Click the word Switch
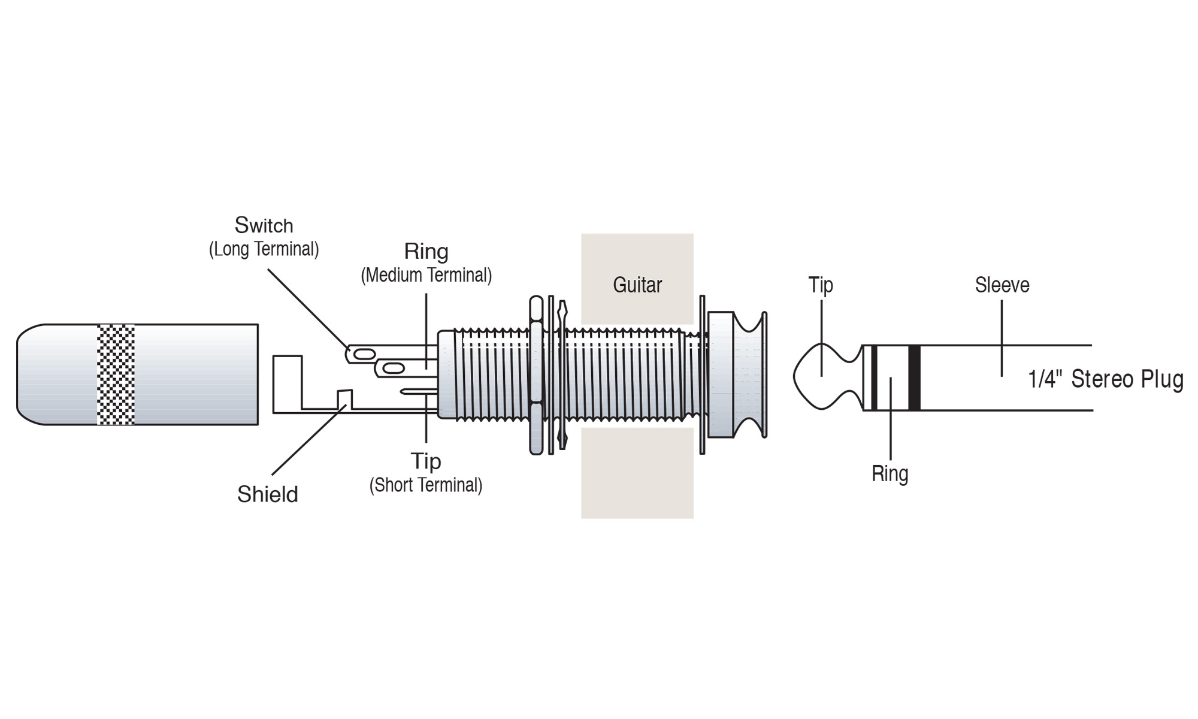(264, 226)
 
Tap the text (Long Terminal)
(264, 249)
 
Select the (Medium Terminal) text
(426, 275)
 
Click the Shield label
(267, 494)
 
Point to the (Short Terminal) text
(425, 485)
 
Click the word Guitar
(637, 285)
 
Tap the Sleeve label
(1002, 285)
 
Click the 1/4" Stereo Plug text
(1105, 379)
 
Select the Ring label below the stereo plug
(890, 473)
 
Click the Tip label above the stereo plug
(821, 285)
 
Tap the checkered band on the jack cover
(116, 374)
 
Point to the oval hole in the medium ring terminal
(392, 368)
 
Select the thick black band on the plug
(914, 377)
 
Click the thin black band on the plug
(874, 377)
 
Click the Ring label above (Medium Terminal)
(426, 252)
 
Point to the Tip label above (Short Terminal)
(425, 461)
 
